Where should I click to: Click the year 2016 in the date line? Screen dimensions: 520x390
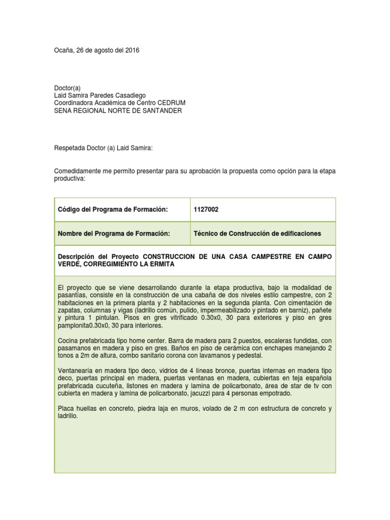click(x=131, y=50)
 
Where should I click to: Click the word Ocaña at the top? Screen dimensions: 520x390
click(x=63, y=50)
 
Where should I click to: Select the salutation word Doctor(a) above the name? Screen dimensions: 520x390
click(x=68, y=88)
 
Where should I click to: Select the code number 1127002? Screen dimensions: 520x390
click(x=206, y=209)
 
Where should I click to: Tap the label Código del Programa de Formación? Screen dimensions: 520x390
click(x=113, y=209)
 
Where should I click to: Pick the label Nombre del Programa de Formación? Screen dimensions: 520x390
click(x=114, y=234)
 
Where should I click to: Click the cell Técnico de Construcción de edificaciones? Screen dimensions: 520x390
click(x=257, y=234)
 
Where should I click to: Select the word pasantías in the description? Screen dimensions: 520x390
click(x=72, y=295)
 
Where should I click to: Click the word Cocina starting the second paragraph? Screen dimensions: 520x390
click(x=69, y=341)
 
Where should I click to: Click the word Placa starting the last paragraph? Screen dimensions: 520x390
click(x=67, y=408)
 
